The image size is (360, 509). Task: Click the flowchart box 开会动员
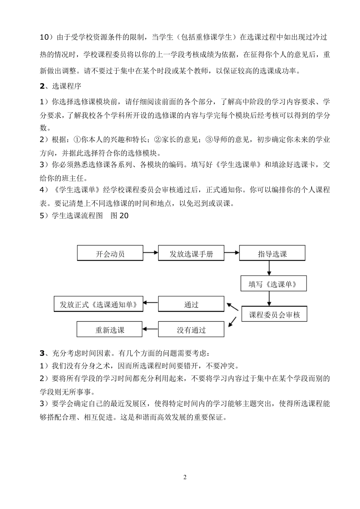coord(110,253)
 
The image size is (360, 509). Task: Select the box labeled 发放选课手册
coord(191,253)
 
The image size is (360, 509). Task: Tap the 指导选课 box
coord(272,253)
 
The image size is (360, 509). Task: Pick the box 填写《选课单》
coord(274,284)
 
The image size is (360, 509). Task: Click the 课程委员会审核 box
coord(274,314)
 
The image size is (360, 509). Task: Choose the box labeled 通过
coord(191,304)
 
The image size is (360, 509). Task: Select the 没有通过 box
coord(191,330)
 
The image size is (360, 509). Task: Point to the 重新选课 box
coord(110,330)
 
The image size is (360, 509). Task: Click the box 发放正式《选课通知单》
coord(99,304)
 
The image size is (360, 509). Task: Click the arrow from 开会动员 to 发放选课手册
coord(150,253)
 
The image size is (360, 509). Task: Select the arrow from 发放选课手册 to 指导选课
coord(232,253)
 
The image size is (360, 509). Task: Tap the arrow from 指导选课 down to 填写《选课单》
coord(269,268)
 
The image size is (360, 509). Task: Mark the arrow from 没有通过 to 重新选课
coord(150,329)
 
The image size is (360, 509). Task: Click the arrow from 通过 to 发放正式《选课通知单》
coord(150,303)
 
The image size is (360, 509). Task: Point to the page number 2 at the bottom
coord(185,477)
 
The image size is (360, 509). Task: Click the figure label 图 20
coord(119,216)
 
